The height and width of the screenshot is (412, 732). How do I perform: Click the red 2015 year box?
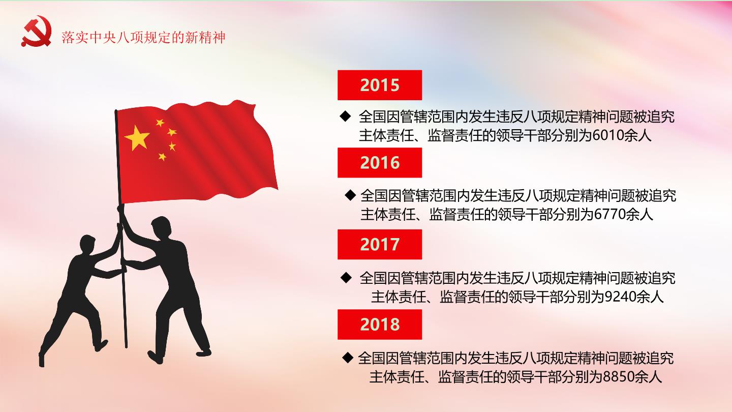pyautogui.click(x=380, y=85)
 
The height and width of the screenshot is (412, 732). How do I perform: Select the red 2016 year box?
pyautogui.click(x=380, y=163)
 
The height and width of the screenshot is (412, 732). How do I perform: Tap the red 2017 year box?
pyautogui.click(x=380, y=244)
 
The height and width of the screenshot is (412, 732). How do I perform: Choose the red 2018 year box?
pyautogui.click(x=380, y=325)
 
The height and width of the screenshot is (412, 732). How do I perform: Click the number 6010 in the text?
pyautogui.click(x=608, y=135)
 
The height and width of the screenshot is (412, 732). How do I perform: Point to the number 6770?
pyautogui.click(x=610, y=215)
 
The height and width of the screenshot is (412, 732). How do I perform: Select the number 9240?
pyautogui.click(x=621, y=297)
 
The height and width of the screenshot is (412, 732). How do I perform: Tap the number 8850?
pyautogui.click(x=619, y=377)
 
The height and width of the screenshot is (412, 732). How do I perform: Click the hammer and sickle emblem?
pyautogui.click(x=37, y=31)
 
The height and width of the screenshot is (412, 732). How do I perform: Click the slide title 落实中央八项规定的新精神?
pyautogui.click(x=143, y=38)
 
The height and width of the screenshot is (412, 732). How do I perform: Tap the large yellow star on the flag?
pyautogui.click(x=137, y=138)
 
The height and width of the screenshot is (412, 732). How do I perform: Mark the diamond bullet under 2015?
pyautogui.click(x=346, y=116)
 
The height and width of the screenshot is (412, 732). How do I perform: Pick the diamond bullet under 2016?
pyautogui.click(x=350, y=195)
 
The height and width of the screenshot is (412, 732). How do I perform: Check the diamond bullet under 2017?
pyautogui.click(x=346, y=278)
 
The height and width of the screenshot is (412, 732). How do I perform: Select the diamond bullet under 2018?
pyautogui.click(x=348, y=358)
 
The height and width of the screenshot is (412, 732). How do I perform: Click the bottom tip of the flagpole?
pyautogui.click(x=126, y=347)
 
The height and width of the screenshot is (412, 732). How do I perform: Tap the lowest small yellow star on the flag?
pyautogui.click(x=162, y=157)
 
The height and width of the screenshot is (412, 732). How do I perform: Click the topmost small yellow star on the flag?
pyautogui.click(x=160, y=123)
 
